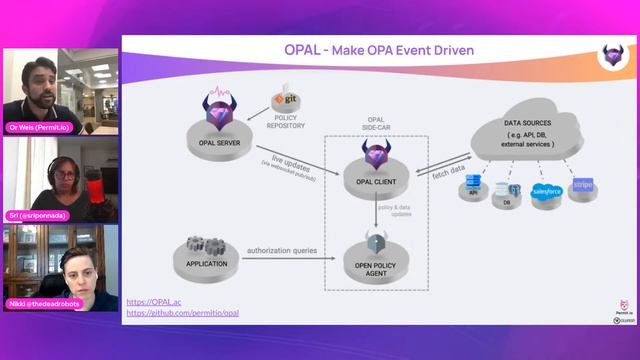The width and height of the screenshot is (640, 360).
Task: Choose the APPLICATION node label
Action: click(x=207, y=264)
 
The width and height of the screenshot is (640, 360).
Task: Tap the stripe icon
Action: click(x=584, y=187)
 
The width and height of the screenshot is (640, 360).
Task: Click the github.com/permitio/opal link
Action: click(x=182, y=313)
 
